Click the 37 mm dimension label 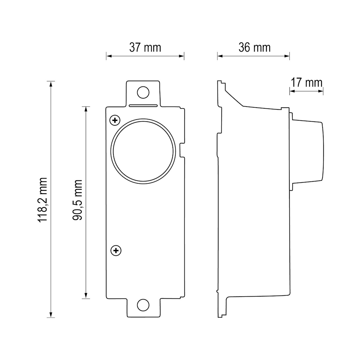pyautogui.click(x=145, y=48)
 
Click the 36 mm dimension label pyautogui.click(x=255, y=48)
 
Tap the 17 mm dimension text pyautogui.click(x=306, y=82)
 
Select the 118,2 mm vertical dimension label pyautogui.click(x=42, y=199)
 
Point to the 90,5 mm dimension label pyautogui.click(x=78, y=200)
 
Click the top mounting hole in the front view pyautogui.click(x=143, y=92)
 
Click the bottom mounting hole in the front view pyautogui.click(x=143, y=305)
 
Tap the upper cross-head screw pyautogui.click(x=115, y=120)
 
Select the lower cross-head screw pyautogui.click(x=116, y=251)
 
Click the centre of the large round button pyautogui.click(x=143, y=151)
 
